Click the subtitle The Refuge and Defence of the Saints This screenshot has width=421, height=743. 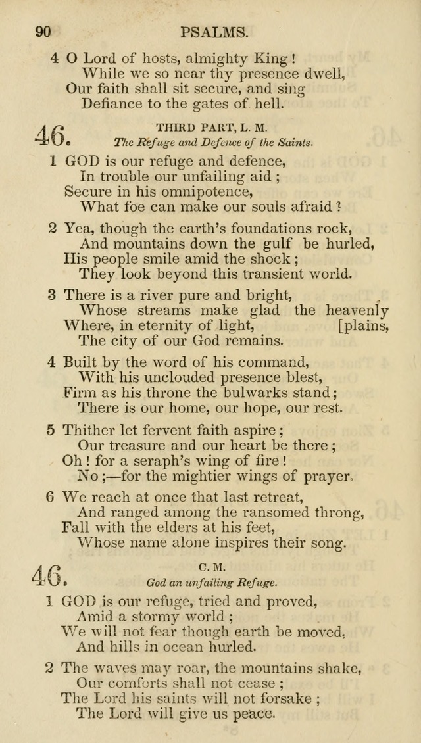pyautogui.click(x=213, y=142)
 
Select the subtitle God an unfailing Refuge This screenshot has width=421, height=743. pyautogui.click(x=212, y=582)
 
